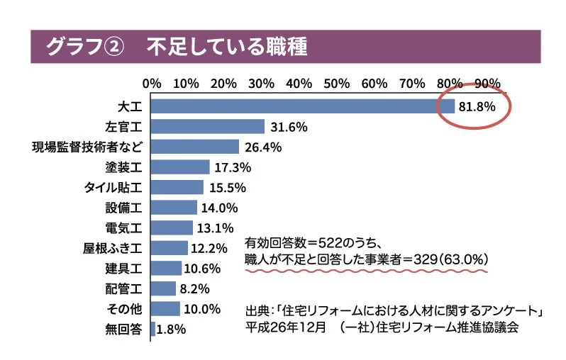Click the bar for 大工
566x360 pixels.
tap(303, 106)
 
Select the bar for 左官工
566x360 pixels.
tap(207, 127)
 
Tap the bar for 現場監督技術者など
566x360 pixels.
tap(195, 147)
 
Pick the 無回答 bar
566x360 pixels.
tap(152, 329)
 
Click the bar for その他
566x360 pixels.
tap(165, 309)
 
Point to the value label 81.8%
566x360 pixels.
tap(476, 107)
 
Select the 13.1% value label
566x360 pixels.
tap(215, 228)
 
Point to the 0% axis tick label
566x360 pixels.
tap(152, 83)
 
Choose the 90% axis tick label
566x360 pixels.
tap(487, 83)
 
